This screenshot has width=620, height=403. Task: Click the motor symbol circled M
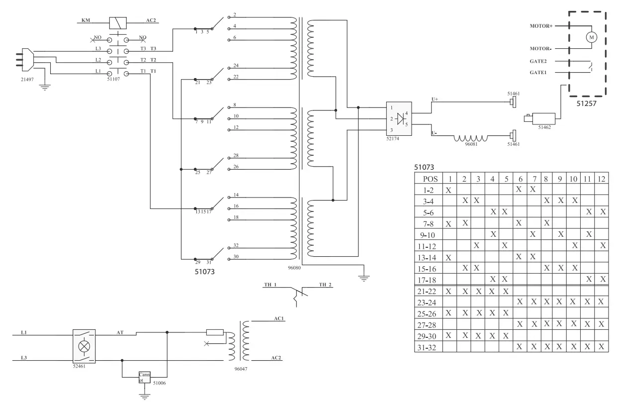591,37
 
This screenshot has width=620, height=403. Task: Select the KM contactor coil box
117,22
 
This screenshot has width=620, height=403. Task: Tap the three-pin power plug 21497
25,61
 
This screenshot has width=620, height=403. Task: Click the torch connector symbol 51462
536,118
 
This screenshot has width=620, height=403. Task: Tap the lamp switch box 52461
84,345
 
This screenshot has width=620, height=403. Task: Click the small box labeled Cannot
145,377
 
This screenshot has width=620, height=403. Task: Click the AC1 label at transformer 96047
278,318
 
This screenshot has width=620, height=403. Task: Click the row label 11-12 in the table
429,245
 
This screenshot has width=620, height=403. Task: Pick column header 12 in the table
602,179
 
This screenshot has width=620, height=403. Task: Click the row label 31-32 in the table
429,347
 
